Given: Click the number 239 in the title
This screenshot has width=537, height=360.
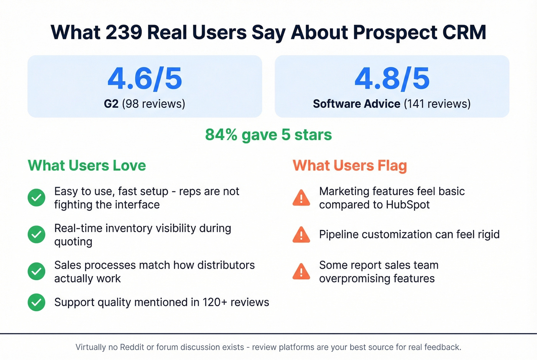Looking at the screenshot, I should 124,32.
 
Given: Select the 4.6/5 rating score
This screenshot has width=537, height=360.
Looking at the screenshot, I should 145,79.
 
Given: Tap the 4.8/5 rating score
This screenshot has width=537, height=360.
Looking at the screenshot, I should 392,79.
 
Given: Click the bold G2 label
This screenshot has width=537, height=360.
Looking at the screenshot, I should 111,104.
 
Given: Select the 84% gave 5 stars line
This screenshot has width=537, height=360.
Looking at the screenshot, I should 268,135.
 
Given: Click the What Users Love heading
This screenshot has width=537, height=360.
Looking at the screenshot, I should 87,166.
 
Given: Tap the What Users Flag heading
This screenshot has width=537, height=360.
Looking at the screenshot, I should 349,166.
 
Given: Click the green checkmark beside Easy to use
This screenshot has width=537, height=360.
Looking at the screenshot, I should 36,198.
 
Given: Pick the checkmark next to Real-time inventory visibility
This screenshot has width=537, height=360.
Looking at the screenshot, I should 36,235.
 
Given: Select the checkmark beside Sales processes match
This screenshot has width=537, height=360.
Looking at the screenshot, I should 36,271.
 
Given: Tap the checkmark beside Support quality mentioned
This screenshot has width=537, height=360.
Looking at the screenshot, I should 36,302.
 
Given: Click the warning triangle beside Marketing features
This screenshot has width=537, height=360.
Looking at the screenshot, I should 301,198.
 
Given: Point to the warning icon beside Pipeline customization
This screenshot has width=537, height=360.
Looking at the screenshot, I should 301,235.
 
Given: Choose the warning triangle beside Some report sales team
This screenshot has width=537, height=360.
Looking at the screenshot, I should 301,272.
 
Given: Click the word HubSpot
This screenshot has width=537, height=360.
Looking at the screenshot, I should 408,205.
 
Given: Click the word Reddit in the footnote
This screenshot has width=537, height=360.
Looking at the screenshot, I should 132,347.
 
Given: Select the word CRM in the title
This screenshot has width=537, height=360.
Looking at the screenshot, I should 464,32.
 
